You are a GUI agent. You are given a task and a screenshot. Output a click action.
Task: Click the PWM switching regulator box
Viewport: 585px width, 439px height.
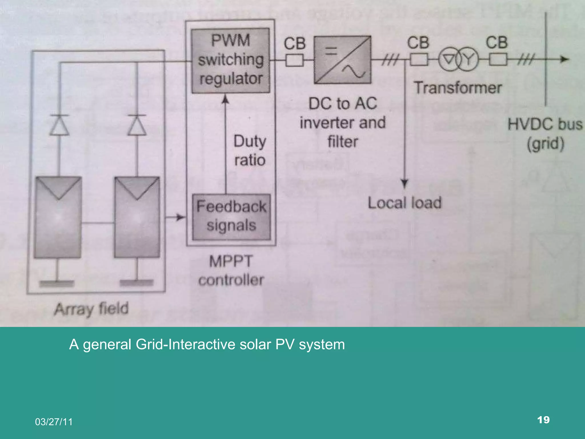coord(231,61)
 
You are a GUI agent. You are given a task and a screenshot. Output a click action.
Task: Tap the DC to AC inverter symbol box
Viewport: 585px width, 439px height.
coord(342,60)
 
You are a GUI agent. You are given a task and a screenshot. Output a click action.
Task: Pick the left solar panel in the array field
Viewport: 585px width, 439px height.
coord(58,217)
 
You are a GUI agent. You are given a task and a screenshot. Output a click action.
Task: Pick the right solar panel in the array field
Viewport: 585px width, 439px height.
coord(137,217)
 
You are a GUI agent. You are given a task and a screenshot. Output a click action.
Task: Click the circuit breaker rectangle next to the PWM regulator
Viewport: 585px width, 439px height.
coord(294,60)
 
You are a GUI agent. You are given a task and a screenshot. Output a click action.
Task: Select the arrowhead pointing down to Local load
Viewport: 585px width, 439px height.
coord(404,183)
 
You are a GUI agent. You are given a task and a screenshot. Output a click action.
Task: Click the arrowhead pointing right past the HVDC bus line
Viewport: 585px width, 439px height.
coord(564,59)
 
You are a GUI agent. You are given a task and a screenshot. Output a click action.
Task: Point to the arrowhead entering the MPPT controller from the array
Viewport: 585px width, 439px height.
coord(181,217)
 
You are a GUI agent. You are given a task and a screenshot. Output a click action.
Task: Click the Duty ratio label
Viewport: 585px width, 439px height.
coord(250,151)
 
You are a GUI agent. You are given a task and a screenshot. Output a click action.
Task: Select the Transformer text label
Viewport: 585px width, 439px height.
coord(458,88)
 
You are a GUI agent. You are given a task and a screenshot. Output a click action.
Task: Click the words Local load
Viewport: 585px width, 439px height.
coord(404,203)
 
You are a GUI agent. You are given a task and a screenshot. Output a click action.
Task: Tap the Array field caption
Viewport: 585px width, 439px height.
coord(91,309)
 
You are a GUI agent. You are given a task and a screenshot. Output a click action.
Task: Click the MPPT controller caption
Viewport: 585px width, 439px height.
coord(231,270)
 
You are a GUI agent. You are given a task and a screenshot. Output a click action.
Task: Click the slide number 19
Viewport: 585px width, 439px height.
coord(543,420)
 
